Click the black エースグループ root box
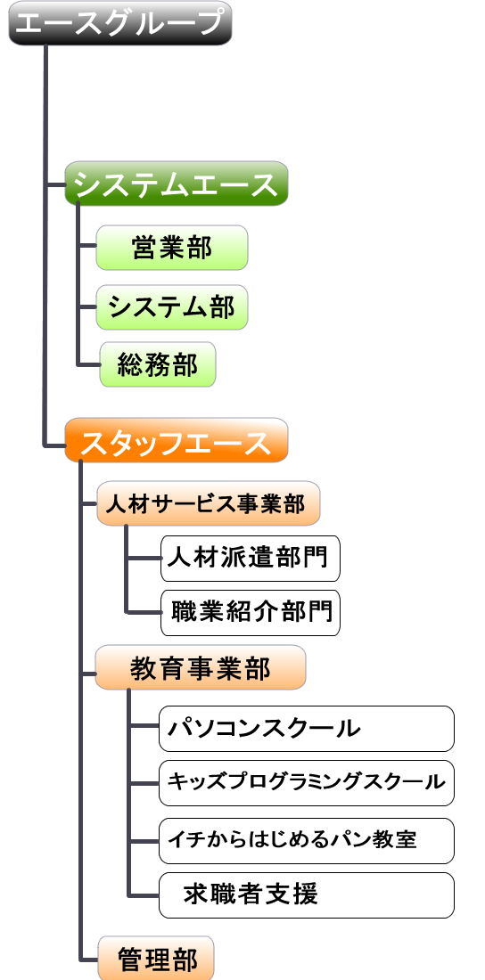(x=120, y=23)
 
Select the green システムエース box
(x=177, y=184)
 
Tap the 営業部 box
(x=172, y=248)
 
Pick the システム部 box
(x=172, y=306)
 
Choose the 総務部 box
(x=158, y=363)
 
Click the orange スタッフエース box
(x=177, y=440)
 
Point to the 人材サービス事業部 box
(x=209, y=502)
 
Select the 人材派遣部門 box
(x=251, y=558)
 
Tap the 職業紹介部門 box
(x=251, y=613)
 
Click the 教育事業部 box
(x=201, y=667)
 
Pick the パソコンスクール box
(x=307, y=729)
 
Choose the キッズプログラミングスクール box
(x=307, y=782)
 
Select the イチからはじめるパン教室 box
(x=307, y=841)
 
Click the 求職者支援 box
(x=307, y=895)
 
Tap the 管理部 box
(x=156, y=958)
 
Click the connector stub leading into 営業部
(x=87, y=248)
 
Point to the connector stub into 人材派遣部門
(x=144, y=558)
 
